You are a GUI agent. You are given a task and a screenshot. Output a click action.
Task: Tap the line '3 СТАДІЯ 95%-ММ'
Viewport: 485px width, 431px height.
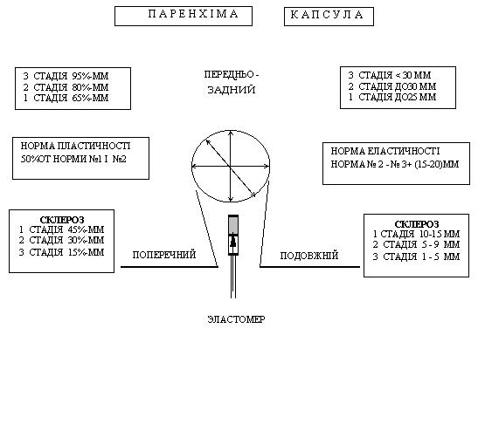[66, 76]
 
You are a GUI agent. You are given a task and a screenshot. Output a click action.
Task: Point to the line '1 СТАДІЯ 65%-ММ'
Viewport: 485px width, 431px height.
[66, 98]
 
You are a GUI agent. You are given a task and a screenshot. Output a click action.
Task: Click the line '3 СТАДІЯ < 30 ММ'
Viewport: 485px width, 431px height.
[390, 75]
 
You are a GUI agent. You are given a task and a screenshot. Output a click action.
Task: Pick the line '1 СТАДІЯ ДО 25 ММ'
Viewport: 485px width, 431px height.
[392, 97]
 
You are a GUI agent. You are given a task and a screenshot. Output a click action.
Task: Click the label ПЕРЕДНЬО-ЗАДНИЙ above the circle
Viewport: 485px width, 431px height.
[232, 82]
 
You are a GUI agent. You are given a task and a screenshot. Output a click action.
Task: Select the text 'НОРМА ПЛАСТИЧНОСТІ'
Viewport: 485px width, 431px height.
[75, 146]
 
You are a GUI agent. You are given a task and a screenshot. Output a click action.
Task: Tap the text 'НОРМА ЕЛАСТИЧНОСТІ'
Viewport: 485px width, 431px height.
[385, 151]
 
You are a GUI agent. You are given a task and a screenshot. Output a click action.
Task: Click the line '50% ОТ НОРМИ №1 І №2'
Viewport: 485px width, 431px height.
[73, 159]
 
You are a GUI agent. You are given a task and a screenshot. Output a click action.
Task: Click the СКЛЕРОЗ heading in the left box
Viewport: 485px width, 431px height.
[62, 220]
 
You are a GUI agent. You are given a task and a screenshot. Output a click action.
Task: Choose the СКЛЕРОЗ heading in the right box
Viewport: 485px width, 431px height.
[417, 224]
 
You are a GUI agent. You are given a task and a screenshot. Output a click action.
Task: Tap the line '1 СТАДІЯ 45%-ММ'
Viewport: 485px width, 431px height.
[61, 229]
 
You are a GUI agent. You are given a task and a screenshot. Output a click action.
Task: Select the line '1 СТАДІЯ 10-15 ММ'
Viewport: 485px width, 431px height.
[416, 234]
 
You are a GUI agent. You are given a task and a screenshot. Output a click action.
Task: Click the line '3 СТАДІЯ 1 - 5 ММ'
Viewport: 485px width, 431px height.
[416, 257]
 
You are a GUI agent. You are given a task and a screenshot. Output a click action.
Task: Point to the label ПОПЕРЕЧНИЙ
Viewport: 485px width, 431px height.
[164, 255]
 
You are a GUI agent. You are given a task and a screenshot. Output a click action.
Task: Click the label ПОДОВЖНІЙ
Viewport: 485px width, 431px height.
[309, 256]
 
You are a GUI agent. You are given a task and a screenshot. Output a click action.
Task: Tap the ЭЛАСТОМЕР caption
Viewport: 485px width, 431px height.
[236, 319]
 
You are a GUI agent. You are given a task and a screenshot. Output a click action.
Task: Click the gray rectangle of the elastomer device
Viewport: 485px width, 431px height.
[233, 225]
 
